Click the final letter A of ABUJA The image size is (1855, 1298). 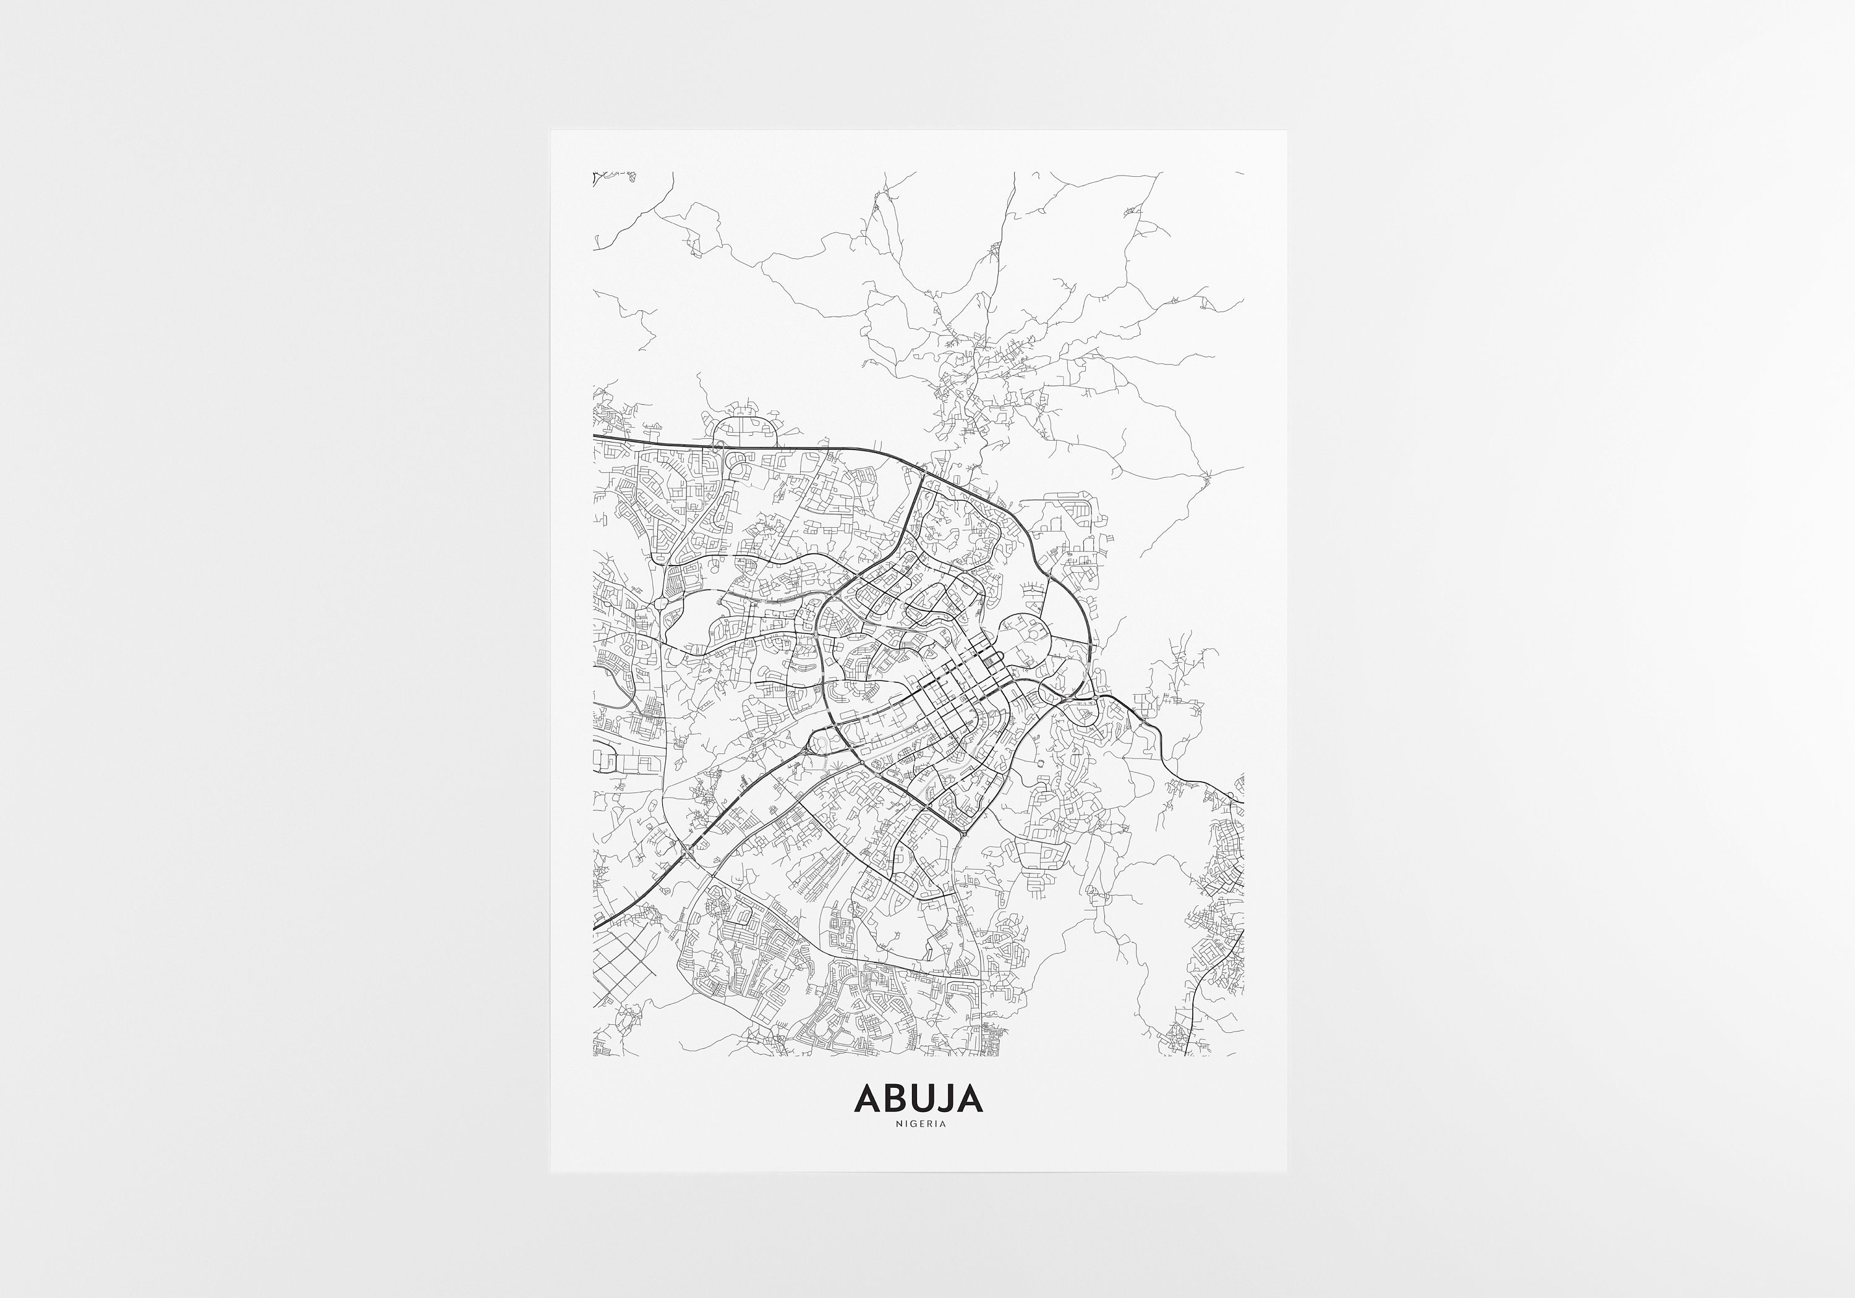tap(970, 1098)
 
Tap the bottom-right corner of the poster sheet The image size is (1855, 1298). tap(1286, 1171)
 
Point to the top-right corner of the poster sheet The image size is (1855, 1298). tap(1286, 132)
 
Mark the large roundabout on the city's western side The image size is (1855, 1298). tap(662, 603)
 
